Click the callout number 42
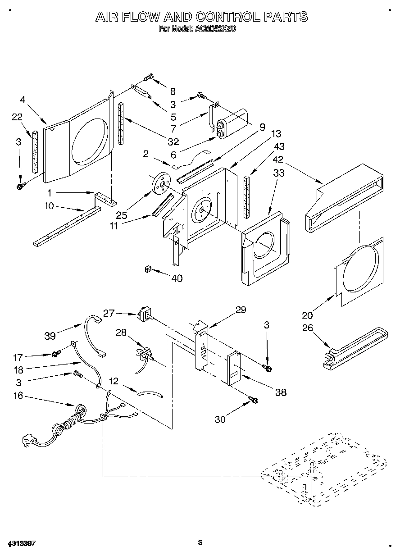pyautogui.click(x=278, y=159)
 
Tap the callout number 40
pyautogui.click(x=177, y=278)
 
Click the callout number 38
pyautogui.click(x=280, y=393)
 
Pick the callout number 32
pyautogui.click(x=173, y=141)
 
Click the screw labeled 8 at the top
pyautogui.click(x=149, y=78)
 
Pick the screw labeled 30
pyautogui.click(x=254, y=399)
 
